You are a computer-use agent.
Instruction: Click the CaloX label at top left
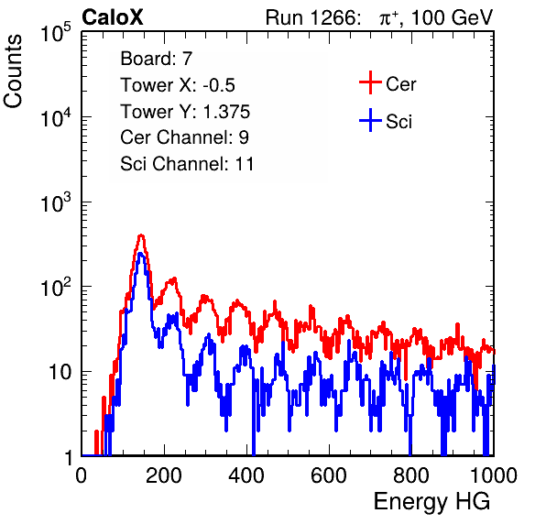pyautogui.click(x=113, y=17)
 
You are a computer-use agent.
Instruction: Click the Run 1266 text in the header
pyautogui.click(x=311, y=17)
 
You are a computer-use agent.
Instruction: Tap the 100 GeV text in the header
pyautogui.click(x=452, y=17)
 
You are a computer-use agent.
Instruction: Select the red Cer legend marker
pyautogui.click(x=370, y=82)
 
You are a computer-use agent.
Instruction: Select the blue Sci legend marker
pyautogui.click(x=370, y=121)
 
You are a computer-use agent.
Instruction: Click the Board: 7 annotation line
pyautogui.click(x=157, y=59)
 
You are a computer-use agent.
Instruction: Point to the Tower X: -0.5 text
pyautogui.click(x=178, y=85)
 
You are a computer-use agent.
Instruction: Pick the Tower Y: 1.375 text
pyautogui.click(x=185, y=112)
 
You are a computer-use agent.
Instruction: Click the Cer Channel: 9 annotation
pyautogui.click(x=184, y=137)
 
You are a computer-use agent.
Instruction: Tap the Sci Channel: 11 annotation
pyautogui.click(x=187, y=164)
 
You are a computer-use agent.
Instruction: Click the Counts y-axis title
pyautogui.click(x=13, y=71)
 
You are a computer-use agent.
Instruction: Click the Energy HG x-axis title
pyautogui.click(x=431, y=502)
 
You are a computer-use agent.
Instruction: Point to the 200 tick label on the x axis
pyautogui.click(x=164, y=475)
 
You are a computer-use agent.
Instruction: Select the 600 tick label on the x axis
pyautogui.click(x=329, y=475)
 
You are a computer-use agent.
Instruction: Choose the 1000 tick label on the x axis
pyautogui.click(x=494, y=475)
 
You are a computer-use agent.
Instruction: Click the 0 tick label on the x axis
pyautogui.click(x=82, y=475)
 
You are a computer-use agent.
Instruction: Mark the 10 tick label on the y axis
pyautogui.click(x=60, y=372)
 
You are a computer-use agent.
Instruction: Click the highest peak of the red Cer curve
pyautogui.click(x=141, y=235)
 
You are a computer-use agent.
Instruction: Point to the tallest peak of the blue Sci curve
pyautogui.click(x=140, y=254)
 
